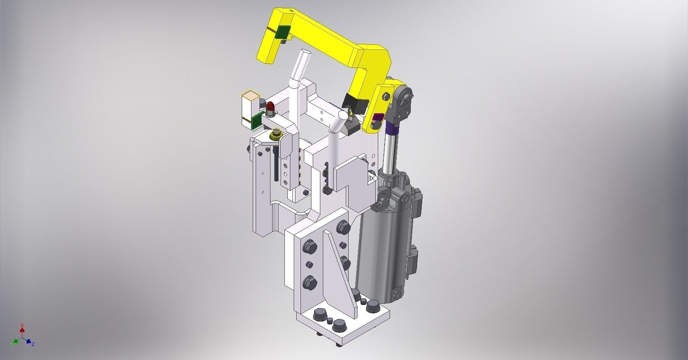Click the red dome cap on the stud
click(270, 106)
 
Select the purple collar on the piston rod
click(391, 125)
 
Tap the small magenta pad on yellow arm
click(378, 117)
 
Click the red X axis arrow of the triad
click(22, 328)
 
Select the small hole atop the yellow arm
click(291, 10)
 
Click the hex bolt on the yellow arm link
click(386, 97)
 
